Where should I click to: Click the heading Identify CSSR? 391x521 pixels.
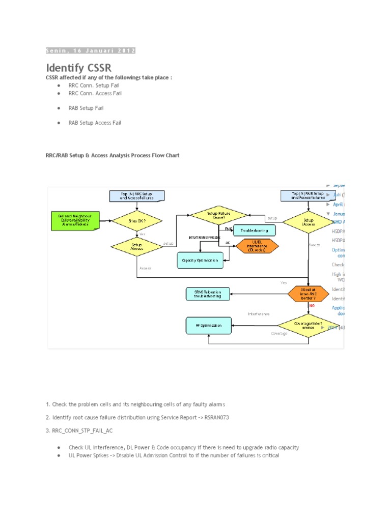coord(78,68)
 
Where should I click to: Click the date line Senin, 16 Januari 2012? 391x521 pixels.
coord(91,50)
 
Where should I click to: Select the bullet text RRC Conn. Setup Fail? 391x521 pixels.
coord(94,85)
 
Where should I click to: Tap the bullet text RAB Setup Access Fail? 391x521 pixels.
coord(95,123)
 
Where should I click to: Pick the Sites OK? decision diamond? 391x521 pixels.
coord(136,221)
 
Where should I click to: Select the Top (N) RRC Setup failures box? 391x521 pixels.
coord(136,195)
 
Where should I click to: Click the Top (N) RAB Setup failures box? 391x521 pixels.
coord(308,195)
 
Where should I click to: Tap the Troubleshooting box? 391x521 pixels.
coord(254,230)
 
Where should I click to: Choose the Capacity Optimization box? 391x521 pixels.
coord(200,260)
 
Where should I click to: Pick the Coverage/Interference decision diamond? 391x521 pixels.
coord(308,325)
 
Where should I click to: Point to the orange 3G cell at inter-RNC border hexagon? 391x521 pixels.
coord(308,294)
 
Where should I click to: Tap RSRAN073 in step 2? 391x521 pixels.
coord(208,417)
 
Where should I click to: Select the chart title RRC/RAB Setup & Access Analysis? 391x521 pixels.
coord(113,155)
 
